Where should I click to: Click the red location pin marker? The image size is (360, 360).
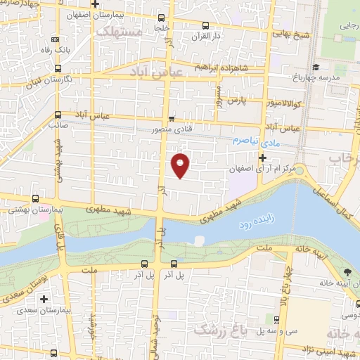(x=181, y=165)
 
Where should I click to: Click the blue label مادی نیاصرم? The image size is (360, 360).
(x=252, y=141)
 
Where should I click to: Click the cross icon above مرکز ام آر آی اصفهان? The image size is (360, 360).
(x=262, y=158)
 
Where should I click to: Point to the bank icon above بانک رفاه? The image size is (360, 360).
(x=55, y=39)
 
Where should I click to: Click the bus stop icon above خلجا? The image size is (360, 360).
(x=162, y=19)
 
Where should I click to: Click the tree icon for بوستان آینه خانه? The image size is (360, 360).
(x=347, y=272)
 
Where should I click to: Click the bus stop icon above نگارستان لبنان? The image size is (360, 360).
(x=58, y=70)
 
